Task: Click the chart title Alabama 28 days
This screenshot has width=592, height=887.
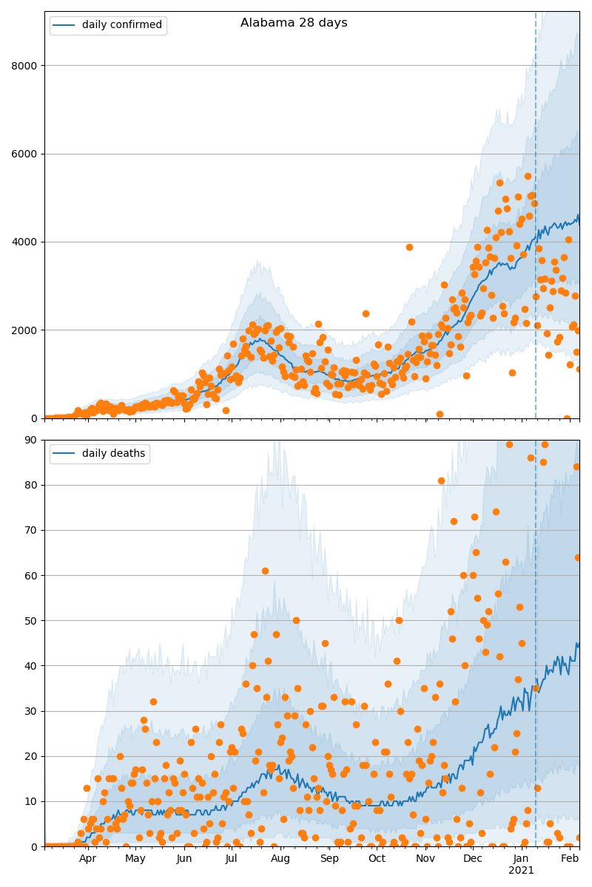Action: pyautogui.click(x=294, y=23)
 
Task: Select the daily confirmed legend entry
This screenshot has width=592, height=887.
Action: pyautogui.click(x=108, y=25)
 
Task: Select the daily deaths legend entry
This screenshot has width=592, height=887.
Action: pyautogui.click(x=99, y=454)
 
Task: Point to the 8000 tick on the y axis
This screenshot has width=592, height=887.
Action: pyautogui.click(x=27, y=66)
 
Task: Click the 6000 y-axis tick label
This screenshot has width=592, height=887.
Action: pyautogui.click(x=27, y=154)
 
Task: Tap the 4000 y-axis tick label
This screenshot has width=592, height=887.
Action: pyautogui.click(x=27, y=242)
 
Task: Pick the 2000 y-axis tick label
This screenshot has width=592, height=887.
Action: pyautogui.click(x=27, y=330)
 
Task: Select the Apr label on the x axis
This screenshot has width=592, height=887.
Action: pyautogui.click(x=88, y=859)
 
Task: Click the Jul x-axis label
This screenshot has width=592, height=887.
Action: pyautogui.click(x=232, y=859)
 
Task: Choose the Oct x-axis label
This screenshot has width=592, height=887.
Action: pyautogui.click(x=377, y=859)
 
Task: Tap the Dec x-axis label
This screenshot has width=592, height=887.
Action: pyautogui.click(x=473, y=859)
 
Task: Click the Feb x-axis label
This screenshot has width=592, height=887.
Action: pyautogui.click(x=570, y=859)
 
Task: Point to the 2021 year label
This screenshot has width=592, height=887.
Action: pyautogui.click(x=521, y=871)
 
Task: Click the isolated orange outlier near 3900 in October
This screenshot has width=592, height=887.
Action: pyautogui.click(x=409, y=247)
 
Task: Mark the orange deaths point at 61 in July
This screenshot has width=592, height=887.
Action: pyautogui.click(x=265, y=571)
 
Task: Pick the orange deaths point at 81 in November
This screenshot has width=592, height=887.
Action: pyautogui.click(x=441, y=480)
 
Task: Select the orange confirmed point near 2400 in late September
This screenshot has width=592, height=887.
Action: pyautogui.click(x=366, y=313)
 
